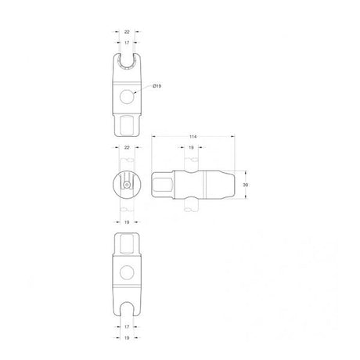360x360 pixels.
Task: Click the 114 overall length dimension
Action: coord(193,137)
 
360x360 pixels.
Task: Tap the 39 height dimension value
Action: coord(246,185)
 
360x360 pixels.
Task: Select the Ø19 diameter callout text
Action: coord(157,86)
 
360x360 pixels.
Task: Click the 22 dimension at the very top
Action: coord(127,32)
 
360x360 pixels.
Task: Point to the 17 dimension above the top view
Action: coord(127,42)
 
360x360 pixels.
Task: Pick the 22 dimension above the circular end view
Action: coord(127,148)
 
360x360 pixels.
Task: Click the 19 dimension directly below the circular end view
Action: coord(127,222)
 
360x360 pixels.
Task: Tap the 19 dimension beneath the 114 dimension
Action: coord(191,148)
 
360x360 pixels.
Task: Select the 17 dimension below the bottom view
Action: coord(127,326)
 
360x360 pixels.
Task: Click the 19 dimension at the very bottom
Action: coord(127,338)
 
